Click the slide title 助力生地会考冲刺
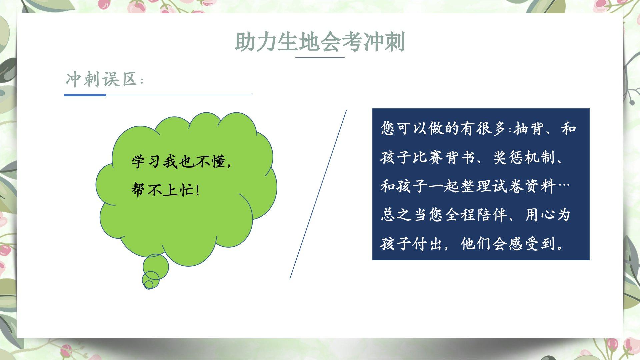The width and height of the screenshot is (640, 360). (320, 42)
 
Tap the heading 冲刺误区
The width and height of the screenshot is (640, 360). (101, 79)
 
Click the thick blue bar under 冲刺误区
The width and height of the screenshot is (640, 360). (85, 95)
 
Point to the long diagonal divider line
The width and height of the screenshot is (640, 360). (318, 194)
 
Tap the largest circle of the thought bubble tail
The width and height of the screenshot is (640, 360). (156, 267)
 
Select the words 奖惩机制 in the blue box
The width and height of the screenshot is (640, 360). (524, 157)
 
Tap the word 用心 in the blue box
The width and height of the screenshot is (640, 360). (540, 215)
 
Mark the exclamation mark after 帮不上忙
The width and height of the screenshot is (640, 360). (198, 190)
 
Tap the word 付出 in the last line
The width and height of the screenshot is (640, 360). (427, 244)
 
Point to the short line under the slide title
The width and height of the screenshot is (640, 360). (320, 57)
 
